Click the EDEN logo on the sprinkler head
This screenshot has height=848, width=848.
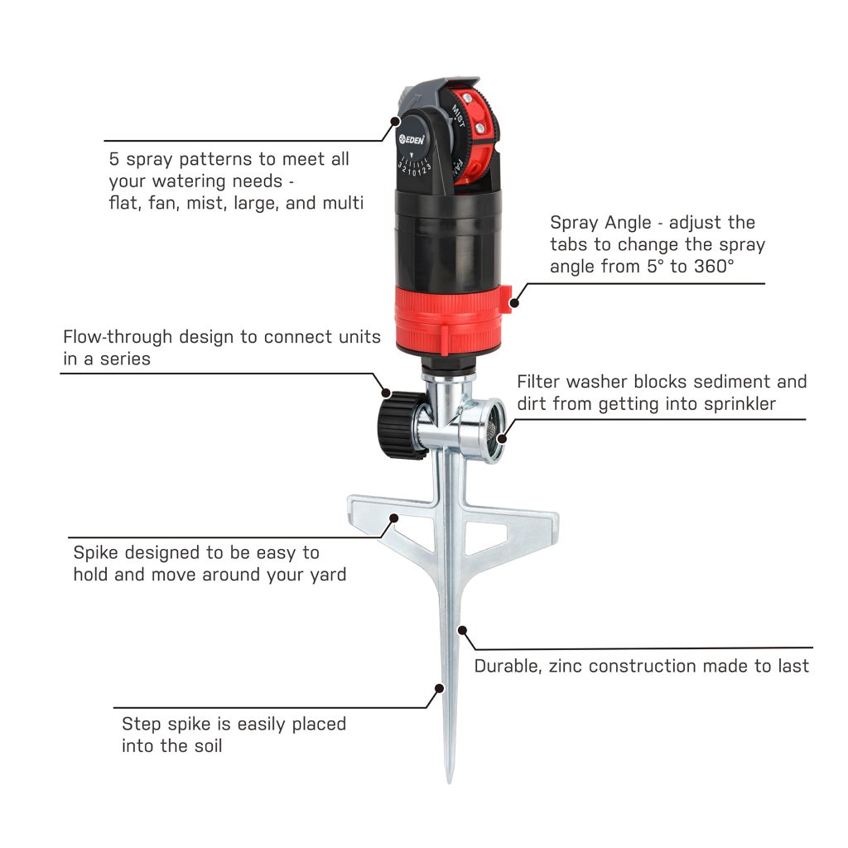(x=412, y=139)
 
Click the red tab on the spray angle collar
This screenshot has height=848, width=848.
(x=505, y=299)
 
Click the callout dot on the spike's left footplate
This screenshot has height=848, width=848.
(x=394, y=518)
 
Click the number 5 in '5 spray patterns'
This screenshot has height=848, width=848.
(x=113, y=159)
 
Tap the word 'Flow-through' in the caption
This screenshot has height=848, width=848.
(x=118, y=336)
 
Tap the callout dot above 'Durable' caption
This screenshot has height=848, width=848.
(x=462, y=630)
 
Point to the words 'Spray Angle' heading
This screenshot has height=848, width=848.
(x=600, y=223)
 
